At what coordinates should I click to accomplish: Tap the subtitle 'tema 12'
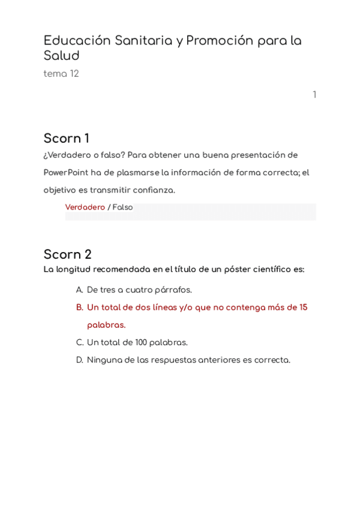click(61, 74)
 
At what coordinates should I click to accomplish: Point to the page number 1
click(314, 95)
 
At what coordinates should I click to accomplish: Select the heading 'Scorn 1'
click(67, 139)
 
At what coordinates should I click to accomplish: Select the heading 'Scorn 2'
click(68, 254)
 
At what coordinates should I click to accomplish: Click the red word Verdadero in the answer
click(85, 208)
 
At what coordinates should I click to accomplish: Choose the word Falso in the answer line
click(123, 208)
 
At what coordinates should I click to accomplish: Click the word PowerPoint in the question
click(66, 173)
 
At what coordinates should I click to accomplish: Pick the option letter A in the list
click(79, 290)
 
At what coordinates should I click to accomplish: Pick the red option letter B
click(79, 307)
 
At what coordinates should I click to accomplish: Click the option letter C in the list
click(79, 343)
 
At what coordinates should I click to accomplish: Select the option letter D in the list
click(79, 360)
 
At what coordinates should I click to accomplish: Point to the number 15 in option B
click(303, 307)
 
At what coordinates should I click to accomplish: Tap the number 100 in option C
click(141, 343)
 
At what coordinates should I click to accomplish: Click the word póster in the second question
click(238, 270)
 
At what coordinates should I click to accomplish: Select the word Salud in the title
click(61, 56)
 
